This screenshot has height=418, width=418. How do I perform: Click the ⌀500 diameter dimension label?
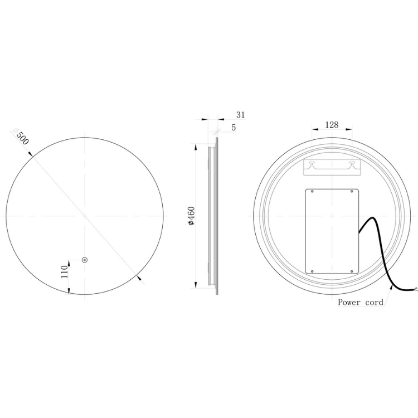[20, 137]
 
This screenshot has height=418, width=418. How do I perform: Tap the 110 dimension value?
[65, 271]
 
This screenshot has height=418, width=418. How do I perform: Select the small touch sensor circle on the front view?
[85, 260]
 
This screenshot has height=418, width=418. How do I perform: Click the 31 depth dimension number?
[240, 115]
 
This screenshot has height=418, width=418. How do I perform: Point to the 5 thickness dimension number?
[234, 128]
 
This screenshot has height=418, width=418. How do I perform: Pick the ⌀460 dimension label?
[191, 216]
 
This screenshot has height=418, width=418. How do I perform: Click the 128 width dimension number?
[332, 124]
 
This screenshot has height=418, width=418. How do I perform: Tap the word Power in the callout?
[349, 302]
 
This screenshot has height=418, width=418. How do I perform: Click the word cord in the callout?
[374, 302]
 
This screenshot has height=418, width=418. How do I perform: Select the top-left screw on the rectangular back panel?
[312, 191]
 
